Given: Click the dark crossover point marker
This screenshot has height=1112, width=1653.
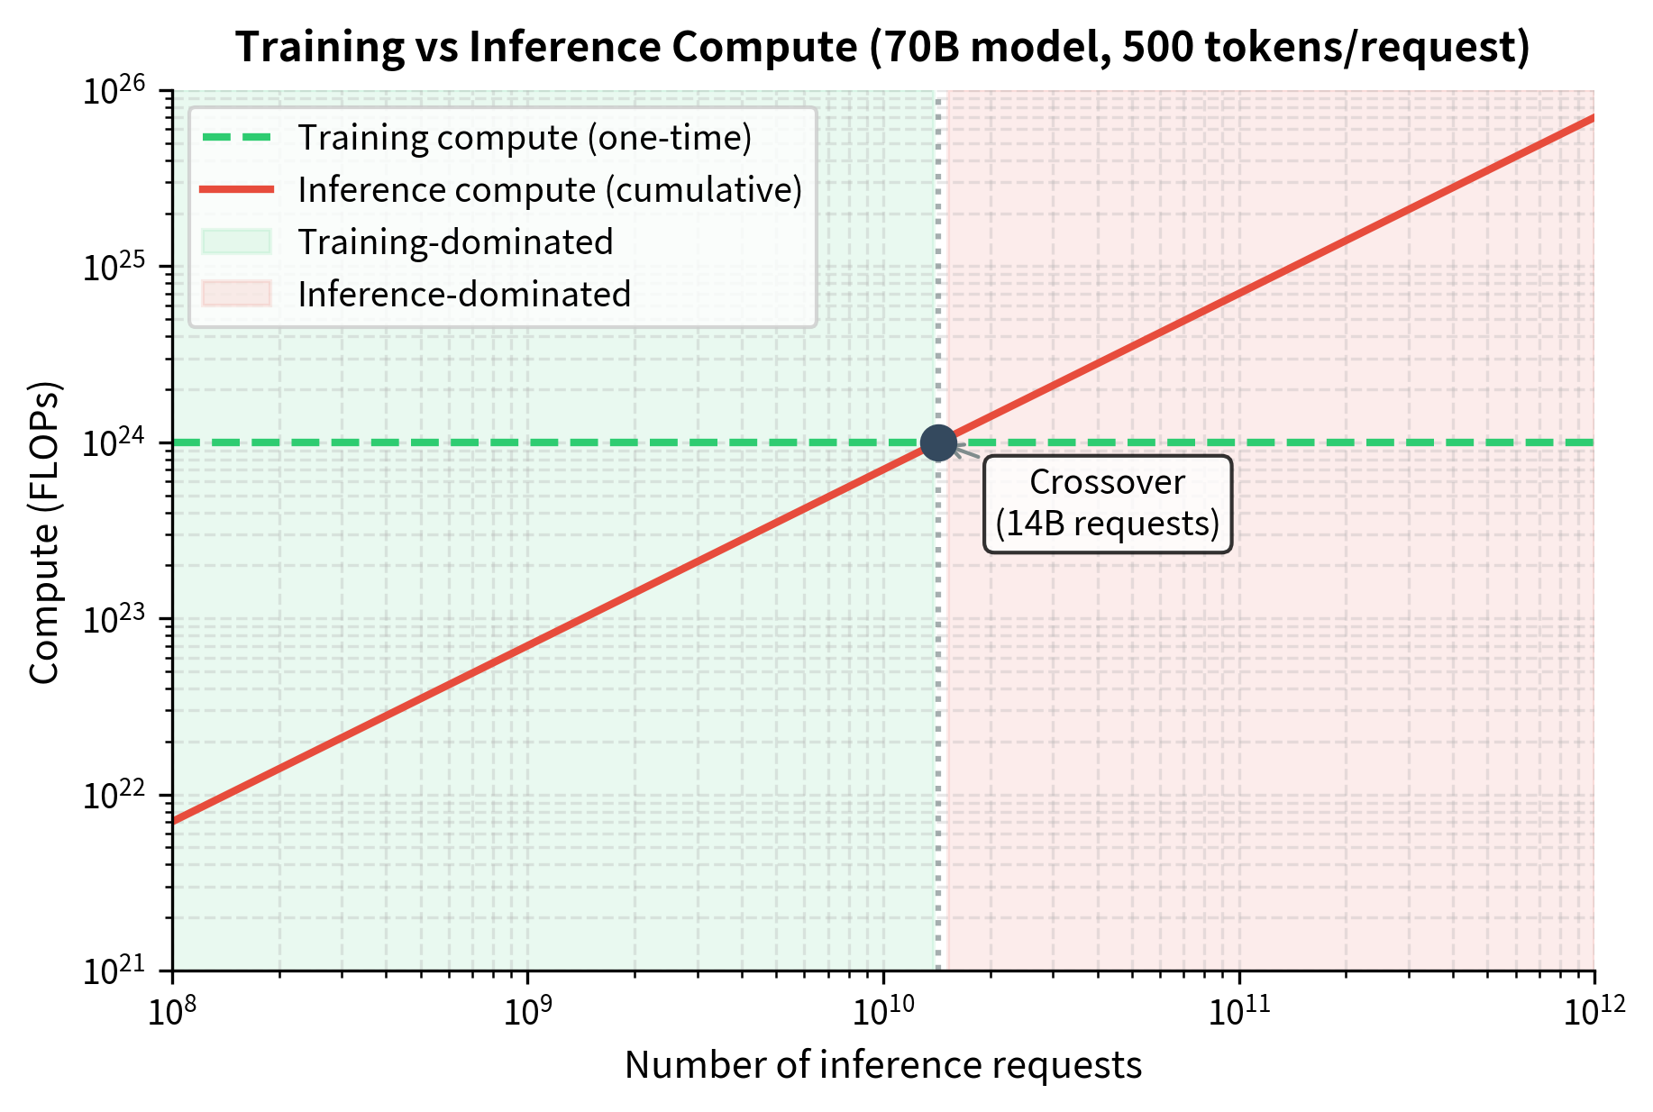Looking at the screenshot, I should coord(938,442).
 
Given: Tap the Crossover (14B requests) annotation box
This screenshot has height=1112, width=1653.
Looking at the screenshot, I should coord(1107,504).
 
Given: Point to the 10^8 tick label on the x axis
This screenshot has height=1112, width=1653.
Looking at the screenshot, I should coord(171,1012).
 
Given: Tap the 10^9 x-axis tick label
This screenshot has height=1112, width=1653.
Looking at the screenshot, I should coord(527,1012).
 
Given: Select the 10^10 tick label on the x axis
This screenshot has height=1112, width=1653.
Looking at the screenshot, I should coord(883,1012).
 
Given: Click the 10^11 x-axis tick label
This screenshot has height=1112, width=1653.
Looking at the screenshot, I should coord(1239,1012).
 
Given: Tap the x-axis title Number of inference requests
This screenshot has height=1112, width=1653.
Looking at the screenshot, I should coord(883,1065).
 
